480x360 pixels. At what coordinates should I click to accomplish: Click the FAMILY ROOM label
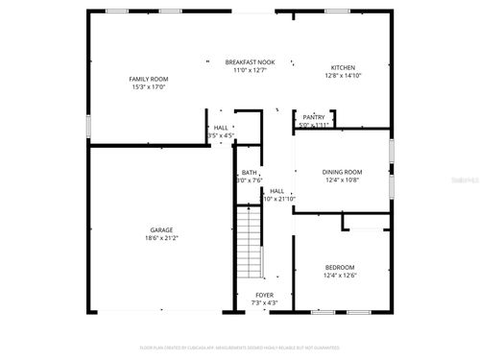point(148,78)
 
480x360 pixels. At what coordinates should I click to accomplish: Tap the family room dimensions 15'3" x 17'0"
point(148,86)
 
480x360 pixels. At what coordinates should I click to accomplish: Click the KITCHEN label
point(343,67)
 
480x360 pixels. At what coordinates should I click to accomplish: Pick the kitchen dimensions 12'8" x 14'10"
point(343,76)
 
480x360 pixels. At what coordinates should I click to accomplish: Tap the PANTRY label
point(314,117)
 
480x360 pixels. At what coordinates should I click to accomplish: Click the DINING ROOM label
point(342,171)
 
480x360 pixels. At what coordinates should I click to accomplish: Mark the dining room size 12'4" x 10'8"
point(342,180)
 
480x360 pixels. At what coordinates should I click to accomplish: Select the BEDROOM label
point(339,267)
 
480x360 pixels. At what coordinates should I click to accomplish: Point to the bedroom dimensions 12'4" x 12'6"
point(339,276)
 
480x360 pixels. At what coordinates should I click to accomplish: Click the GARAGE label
point(160,229)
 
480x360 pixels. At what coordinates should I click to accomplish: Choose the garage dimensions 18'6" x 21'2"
point(160,238)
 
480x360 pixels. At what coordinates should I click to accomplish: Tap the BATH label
point(249,172)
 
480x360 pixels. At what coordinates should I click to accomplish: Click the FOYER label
point(265,295)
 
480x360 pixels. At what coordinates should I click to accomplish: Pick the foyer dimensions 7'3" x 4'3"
point(265,303)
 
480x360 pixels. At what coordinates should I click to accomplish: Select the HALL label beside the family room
point(221,127)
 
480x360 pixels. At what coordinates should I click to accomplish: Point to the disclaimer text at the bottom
point(239,347)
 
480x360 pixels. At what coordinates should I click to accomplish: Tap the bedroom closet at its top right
point(365,222)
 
